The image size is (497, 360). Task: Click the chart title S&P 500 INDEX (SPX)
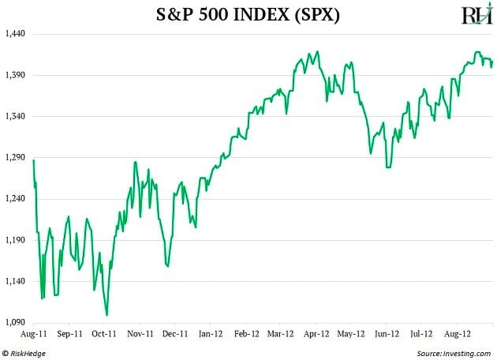tap(249, 14)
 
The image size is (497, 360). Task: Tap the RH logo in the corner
tap(476, 14)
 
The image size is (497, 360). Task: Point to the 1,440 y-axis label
tap(16, 34)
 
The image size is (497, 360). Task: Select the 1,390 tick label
tap(16, 75)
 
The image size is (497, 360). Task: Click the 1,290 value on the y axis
tap(16, 158)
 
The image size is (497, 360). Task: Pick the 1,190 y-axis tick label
tap(16, 240)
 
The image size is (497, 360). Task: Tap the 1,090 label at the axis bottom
tap(16, 322)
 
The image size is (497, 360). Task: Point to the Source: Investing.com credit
tap(452, 352)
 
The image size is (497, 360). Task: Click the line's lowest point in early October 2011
tap(106, 315)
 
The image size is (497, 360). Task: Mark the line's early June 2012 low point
tap(387, 167)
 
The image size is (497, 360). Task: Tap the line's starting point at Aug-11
tap(34, 160)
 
